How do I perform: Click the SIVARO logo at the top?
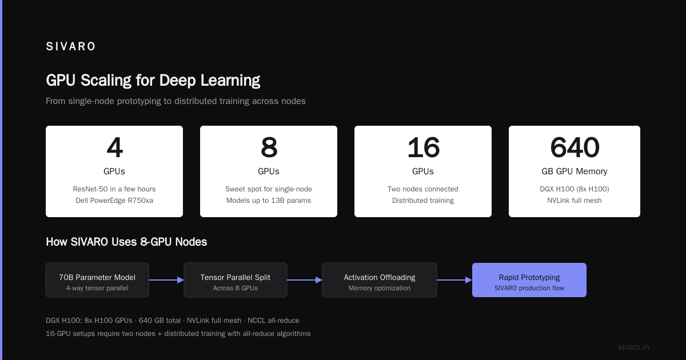(70, 46)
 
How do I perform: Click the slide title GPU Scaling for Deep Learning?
(153, 81)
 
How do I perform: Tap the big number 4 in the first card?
(114, 147)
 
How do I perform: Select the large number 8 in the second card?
(269, 147)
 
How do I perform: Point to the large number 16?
(423, 147)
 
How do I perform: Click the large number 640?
(575, 147)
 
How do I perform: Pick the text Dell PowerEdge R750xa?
(114, 201)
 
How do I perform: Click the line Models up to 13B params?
(269, 201)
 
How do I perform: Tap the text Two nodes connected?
(423, 189)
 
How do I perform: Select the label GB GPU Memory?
(575, 171)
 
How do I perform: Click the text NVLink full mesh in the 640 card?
(575, 201)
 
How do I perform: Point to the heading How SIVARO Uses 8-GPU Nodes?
(126, 242)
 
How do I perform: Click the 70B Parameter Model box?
(97, 280)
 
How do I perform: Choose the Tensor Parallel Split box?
(236, 280)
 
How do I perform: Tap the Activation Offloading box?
(380, 280)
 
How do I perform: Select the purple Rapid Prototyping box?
(529, 280)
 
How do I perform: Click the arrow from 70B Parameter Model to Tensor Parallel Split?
(166, 280)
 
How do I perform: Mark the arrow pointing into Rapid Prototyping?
(454, 280)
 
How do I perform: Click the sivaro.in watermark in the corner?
(633, 347)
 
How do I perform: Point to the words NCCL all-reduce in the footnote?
(273, 321)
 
